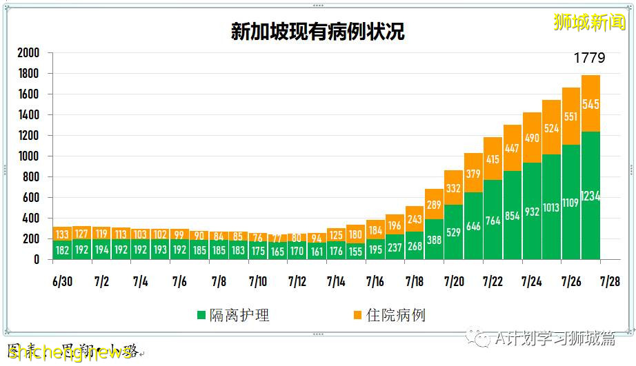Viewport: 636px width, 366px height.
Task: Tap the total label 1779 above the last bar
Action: (589, 58)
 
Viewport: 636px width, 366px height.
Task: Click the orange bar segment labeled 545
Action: (590, 104)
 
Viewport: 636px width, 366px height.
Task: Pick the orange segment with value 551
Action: (571, 116)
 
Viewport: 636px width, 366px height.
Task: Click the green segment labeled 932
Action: (532, 212)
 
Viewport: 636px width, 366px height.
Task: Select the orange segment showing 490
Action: (532, 138)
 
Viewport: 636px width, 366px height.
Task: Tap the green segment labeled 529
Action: (453, 232)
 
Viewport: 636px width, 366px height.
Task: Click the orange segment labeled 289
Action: (434, 204)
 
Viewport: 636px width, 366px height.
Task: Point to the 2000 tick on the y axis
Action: (28, 53)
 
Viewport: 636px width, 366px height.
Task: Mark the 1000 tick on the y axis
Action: (28, 156)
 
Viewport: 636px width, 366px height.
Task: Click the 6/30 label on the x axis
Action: (62, 282)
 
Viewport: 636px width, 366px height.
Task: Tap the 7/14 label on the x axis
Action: (336, 282)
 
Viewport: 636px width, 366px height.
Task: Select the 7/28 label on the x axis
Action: (610, 282)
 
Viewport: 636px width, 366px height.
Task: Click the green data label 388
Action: (434, 240)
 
